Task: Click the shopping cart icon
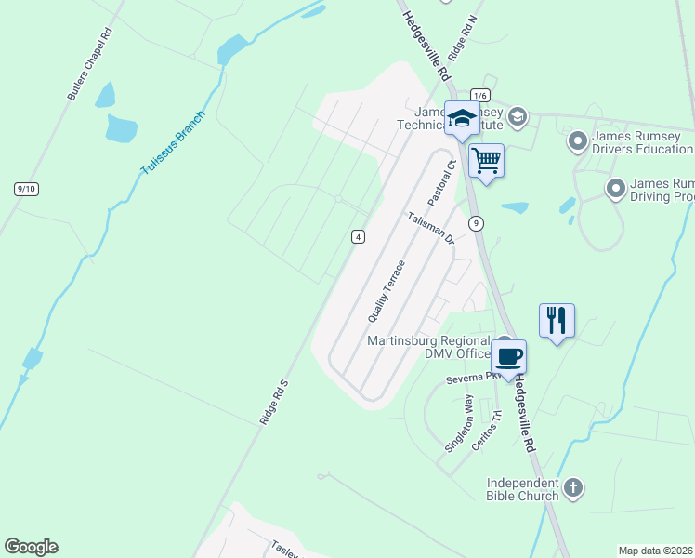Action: [487, 160]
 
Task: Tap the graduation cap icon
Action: [462, 118]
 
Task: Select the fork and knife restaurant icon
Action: [557, 320]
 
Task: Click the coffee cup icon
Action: [508, 356]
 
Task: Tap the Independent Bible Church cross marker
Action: [574, 486]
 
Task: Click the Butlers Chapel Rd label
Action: [89, 64]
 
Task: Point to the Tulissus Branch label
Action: [172, 146]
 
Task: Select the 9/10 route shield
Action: [26, 189]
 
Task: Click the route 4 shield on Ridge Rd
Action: [358, 237]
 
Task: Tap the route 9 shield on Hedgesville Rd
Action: [476, 222]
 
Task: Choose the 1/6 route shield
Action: [479, 95]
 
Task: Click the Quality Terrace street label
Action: [387, 291]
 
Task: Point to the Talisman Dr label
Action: [430, 227]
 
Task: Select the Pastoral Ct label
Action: [439, 183]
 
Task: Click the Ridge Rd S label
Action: [275, 401]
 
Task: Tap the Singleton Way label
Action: [459, 423]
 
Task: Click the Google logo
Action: [31, 547]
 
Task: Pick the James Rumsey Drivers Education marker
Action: [578, 141]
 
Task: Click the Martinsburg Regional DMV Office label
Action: [428, 346]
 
